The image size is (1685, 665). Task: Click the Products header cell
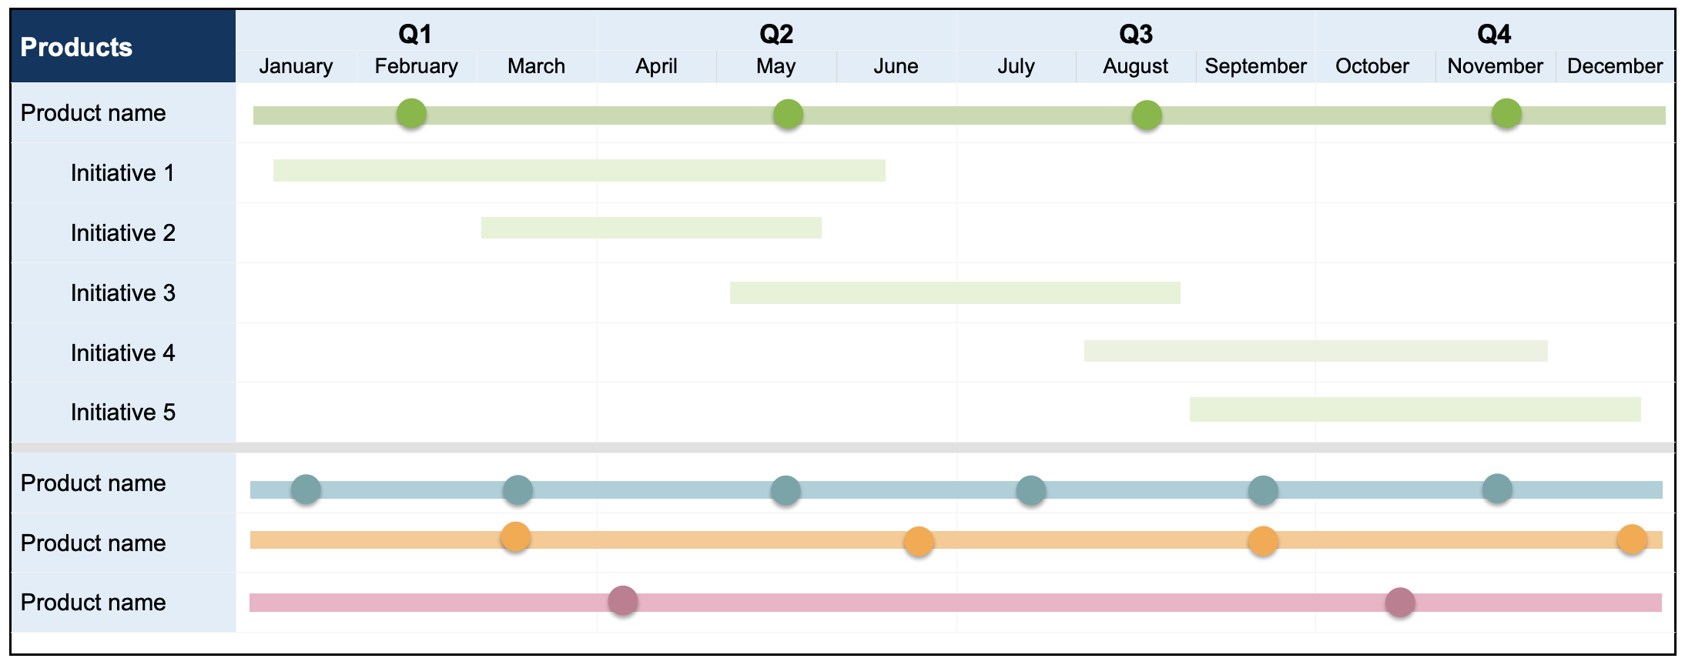76,47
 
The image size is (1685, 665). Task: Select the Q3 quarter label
1136,34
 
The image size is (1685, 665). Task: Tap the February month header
416,66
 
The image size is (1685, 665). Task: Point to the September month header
1255,66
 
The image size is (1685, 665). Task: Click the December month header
1615,66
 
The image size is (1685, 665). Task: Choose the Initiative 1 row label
122,172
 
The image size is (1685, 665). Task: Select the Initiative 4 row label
122,353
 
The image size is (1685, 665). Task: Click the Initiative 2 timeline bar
651,228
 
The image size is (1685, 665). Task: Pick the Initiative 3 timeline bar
955,292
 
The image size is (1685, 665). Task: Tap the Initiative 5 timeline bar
1415,409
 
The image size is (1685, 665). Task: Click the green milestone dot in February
411,114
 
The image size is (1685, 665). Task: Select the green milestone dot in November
1506,114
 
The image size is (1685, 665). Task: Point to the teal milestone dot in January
306,490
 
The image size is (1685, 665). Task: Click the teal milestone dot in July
1030,490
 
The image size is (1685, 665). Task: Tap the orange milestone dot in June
919,542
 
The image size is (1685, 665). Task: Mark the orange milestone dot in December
1632,540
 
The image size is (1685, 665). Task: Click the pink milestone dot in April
622,600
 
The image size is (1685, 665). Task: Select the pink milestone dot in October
1400,602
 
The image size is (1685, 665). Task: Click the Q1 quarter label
415,34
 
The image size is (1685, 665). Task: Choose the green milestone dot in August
1147,115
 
